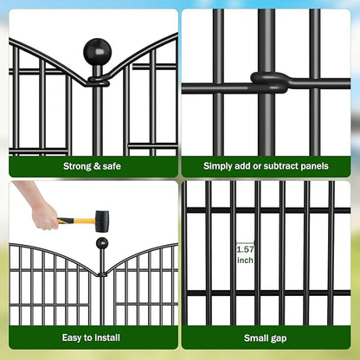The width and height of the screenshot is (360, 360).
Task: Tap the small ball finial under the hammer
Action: [x=102, y=243]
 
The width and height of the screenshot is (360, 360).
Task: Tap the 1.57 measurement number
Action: [x=246, y=249]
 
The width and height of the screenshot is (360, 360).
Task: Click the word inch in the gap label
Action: [x=246, y=260]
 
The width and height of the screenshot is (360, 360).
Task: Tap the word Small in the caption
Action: [x=257, y=337]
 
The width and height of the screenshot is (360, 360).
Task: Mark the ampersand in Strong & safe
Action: [x=98, y=165]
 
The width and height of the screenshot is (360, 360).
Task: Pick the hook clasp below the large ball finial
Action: [x=96, y=82]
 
